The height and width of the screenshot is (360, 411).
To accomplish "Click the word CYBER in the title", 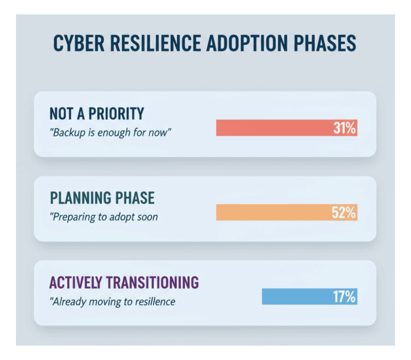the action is pyautogui.click(x=79, y=43).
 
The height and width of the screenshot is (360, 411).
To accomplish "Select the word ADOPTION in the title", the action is pyautogui.click(x=247, y=43).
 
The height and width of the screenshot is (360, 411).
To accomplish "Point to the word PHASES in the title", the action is pyautogui.click(x=325, y=43).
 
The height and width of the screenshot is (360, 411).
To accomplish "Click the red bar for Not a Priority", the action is pyautogui.click(x=287, y=128).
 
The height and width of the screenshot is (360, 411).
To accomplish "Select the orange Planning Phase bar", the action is pyautogui.click(x=287, y=212).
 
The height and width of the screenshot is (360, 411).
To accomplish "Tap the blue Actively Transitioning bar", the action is pyautogui.click(x=309, y=296).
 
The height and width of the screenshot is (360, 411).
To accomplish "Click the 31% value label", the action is pyautogui.click(x=344, y=128).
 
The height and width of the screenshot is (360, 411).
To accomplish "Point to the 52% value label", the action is pyautogui.click(x=344, y=212).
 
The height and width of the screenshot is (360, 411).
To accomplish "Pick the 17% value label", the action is pyautogui.click(x=344, y=297).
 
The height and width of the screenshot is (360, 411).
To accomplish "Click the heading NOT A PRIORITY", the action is pyautogui.click(x=97, y=114).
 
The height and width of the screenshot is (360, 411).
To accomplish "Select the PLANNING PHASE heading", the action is pyautogui.click(x=102, y=198).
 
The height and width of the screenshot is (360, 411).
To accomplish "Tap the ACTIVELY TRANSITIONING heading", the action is pyautogui.click(x=124, y=282).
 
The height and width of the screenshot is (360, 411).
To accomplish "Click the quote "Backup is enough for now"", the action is pyautogui.click(x=110, y=132).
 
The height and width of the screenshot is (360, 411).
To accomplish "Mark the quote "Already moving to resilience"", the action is pyautogui.click(x=112, y=302).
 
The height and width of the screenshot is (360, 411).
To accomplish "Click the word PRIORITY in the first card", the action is pyautogui.click(x=116, y=114).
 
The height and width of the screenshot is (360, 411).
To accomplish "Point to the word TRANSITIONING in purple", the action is pyautogui.click(x=152, y=282).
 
